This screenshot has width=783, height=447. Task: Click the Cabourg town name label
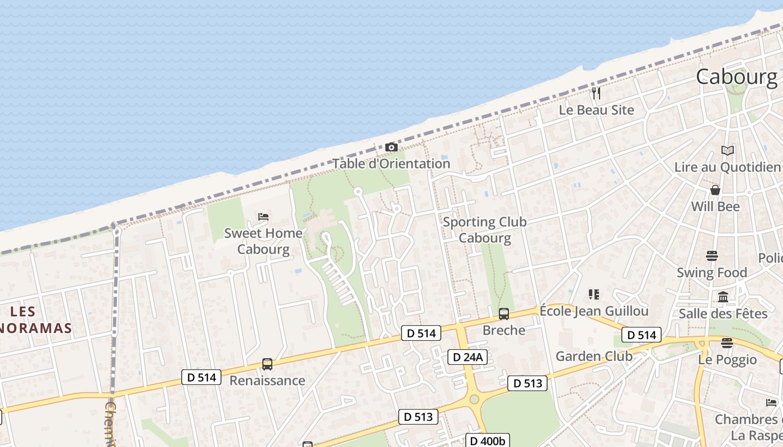click(737, 77)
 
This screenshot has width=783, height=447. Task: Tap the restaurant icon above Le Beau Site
click(596, 93)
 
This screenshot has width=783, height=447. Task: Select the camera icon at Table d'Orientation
click(391, 148)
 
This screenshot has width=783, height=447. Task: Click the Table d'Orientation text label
click(391, 164)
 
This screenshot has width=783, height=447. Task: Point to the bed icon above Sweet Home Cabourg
click(263, 216)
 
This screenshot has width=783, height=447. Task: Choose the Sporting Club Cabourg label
click(485, 230)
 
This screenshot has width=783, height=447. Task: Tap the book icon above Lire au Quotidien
click(728, 150)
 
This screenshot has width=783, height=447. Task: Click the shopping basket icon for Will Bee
click(715, 191)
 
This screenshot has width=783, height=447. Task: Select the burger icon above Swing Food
click(712, 256)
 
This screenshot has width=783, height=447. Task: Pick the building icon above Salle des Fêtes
click(723, 297)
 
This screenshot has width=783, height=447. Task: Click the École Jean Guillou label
click(594, 311)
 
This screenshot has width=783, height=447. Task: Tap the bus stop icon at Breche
click(504, 314)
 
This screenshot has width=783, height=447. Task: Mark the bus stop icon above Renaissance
click(267, 364)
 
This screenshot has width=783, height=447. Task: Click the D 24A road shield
click(468, 357)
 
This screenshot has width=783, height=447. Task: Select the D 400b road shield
click(488, 441)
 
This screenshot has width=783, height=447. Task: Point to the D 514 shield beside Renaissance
click(201, 377)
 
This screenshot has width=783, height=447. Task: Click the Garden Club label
click(594, 356)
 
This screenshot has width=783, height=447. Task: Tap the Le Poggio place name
click(728, 360)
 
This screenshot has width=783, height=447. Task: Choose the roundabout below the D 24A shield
click(474, 399)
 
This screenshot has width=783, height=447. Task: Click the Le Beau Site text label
click(596, 110)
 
